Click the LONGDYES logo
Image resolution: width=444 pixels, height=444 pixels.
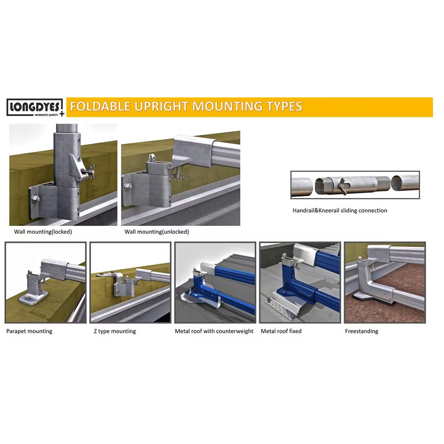click(x=35, y=107)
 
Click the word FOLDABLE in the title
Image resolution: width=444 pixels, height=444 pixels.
click(x=99, y=106)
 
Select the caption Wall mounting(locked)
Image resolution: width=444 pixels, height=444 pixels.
click(x=43, y=232)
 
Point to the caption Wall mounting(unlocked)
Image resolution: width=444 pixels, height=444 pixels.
click(x=157, y=232)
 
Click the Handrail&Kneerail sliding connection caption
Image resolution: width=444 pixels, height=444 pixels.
click(x=340, y=210)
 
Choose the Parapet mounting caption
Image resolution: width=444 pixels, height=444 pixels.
click(x=29, y=331)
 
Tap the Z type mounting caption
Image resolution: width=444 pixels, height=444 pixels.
click(x=115, y=331)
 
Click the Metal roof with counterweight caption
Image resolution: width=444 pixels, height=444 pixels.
click(x=214, y=331)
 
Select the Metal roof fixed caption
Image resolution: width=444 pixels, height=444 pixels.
click(x=281, y=331)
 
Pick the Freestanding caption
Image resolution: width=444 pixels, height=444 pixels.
click(x=361, y=331)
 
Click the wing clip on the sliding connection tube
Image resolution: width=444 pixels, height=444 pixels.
click(x=343, y=186)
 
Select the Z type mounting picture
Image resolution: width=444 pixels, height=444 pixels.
click(x=130, y=282)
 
